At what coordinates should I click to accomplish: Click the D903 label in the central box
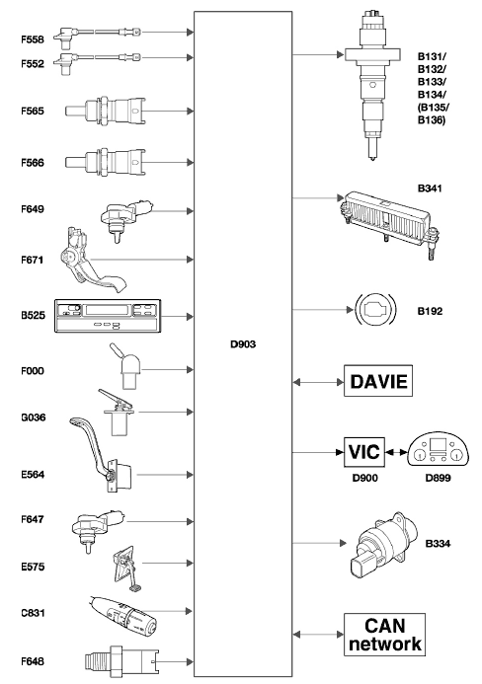coord(243,344)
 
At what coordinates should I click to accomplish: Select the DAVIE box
coord(378,381)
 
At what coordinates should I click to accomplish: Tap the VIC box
coord(364,451)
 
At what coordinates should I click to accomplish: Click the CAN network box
coord(384,635)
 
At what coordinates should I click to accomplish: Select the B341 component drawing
coord(386,222)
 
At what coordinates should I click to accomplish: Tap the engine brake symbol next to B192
coord(375,309)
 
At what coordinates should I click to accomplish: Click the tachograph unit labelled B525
coord(108,316)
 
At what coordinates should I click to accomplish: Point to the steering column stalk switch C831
coord(122,616)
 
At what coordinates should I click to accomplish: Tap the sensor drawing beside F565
coord(106,111)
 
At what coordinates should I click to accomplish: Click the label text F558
coord(33,39)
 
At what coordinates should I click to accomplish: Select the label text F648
coord(33,661)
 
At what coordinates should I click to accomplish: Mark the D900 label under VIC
coord(365,478)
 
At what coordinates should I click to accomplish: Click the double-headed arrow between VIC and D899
coord(396,452)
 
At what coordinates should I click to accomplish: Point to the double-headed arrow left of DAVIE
coord(318,382)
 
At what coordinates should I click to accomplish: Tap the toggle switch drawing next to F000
coord(126,366)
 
